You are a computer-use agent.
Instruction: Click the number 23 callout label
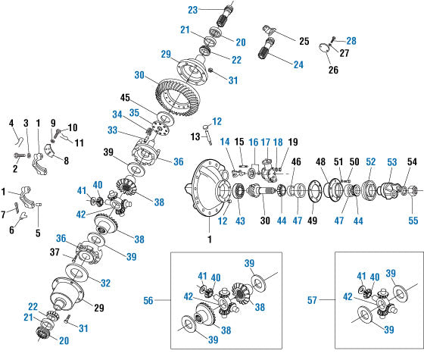click(193, 10)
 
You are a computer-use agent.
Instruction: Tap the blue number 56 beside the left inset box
click(148, 300)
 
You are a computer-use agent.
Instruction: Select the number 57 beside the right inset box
click(312, 300)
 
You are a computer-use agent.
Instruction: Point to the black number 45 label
click(125, 98)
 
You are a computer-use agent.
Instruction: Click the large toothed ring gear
click(177, 98)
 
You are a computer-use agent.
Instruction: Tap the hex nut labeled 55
click(412, 191)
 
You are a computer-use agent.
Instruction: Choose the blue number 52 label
click(371, 162)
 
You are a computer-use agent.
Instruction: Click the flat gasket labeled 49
click(313, 190)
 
